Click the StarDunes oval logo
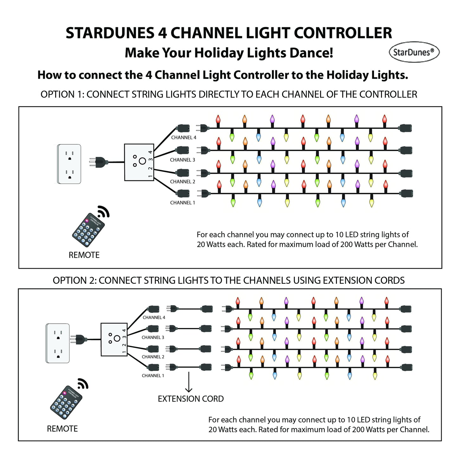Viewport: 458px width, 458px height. pos(414,52)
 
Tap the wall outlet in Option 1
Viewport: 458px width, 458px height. pos(69,164)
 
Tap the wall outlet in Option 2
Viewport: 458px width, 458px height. pos(58,343)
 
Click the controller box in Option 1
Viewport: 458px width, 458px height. pos(139,162)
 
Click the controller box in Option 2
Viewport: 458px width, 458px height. pos(114,339)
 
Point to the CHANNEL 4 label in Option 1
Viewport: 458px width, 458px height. pos(184,138)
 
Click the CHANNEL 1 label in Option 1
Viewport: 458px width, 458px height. pos(183,203)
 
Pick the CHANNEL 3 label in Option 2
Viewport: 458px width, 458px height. pos(153,338)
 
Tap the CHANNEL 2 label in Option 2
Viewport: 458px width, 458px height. pos(153,357)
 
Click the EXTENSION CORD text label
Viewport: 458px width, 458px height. pos(190,399)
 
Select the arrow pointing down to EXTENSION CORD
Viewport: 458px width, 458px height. pos(189,382)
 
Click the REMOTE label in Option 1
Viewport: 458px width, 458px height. pos(84,255)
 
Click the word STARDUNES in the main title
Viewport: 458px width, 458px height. pos(109,33)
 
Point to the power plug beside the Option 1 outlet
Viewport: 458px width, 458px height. pos(99,163)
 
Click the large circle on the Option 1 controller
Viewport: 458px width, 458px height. pos(142,161)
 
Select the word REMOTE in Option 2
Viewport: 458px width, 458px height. pos(62,429)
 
